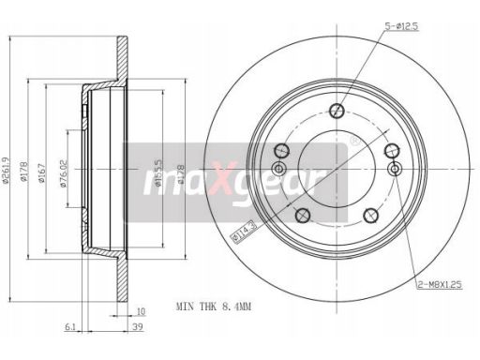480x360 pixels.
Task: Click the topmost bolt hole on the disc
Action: tap(336, 109)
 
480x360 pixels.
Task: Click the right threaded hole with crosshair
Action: tap(394, 170)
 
